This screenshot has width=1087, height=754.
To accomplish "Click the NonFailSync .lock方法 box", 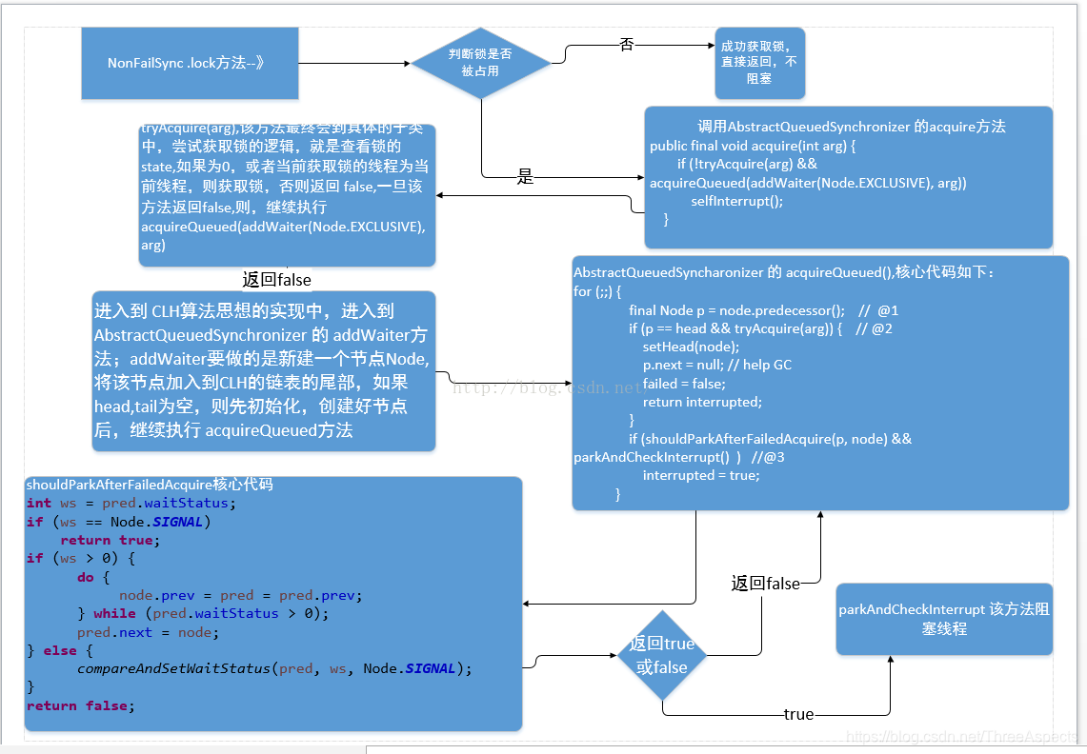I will coord(190,63).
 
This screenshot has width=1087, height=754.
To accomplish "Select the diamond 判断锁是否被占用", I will coord(480,63).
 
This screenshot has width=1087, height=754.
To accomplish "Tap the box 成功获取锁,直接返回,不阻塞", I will coord(759,63).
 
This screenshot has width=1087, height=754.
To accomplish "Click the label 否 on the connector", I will coord(626,45).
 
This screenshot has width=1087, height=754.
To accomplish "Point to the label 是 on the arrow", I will coord(525,176).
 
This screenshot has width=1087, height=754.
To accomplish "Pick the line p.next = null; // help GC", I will coord(716,365).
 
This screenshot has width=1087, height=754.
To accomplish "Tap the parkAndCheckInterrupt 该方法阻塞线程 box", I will coord(943,619).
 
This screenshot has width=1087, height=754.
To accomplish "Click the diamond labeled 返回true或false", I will coord(662,655).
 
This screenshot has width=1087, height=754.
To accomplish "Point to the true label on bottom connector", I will coord(798,714).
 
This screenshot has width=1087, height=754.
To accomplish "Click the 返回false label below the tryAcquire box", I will coord(276,280).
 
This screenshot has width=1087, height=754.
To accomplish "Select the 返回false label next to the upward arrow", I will coord(765,584).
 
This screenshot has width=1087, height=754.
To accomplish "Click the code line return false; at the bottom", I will coord(81,705).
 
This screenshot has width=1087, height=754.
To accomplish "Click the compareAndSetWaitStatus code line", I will coord(274,668).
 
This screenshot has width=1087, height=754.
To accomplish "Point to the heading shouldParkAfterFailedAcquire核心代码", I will coord(150,485).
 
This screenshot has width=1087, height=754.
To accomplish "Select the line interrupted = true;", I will coord(700,475).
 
